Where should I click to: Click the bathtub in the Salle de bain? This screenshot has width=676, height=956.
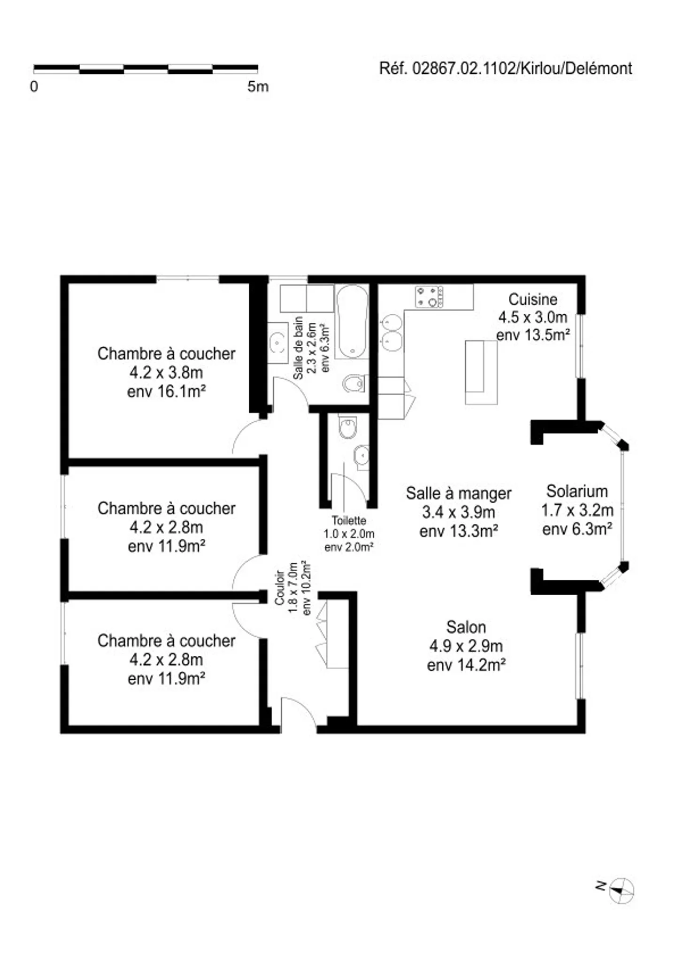[353, 322]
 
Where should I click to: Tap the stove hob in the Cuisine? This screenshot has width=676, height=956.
[429, 296]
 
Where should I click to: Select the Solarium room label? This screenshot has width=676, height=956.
[577, 491]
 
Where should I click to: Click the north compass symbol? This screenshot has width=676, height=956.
[622, 890]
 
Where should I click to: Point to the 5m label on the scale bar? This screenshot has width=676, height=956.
[258, 86]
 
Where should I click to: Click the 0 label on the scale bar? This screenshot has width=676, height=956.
[34, 86]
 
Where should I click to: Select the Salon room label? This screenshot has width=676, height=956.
[466, 627]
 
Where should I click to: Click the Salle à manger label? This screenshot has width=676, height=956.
[459, 493]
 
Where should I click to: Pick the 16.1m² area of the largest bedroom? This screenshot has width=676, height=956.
[166, 391]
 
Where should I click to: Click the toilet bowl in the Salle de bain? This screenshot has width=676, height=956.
[353, 383]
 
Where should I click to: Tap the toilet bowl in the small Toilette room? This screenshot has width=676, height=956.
[348, 427]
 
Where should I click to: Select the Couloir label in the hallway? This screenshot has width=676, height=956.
[280, 587]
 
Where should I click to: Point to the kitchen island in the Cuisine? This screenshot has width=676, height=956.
[481, 372]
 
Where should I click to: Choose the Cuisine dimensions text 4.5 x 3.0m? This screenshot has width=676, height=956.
[533, 318]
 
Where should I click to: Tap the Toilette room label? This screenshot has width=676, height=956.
[349, 521]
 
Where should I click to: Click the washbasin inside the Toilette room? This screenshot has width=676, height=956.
[362, 456]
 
